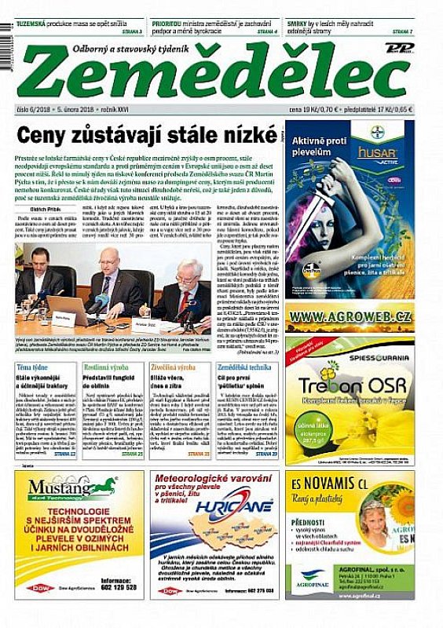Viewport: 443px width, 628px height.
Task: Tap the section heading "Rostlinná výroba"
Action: pos(107,367)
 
